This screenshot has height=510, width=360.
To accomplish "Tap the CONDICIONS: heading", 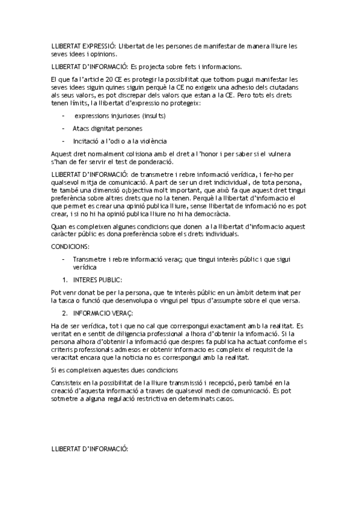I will [x=70, y=247].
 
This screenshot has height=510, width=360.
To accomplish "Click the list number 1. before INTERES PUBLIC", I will [x=65, y=280].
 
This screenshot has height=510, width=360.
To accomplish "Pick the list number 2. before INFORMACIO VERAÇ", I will [x=65, y=313].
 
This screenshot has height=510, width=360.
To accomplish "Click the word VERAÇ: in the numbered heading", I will [x=120, y=313].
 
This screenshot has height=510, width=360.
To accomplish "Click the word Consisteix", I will [x=67, y=382].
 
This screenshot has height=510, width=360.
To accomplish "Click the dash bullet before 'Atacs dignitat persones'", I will [x=64, y=128].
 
